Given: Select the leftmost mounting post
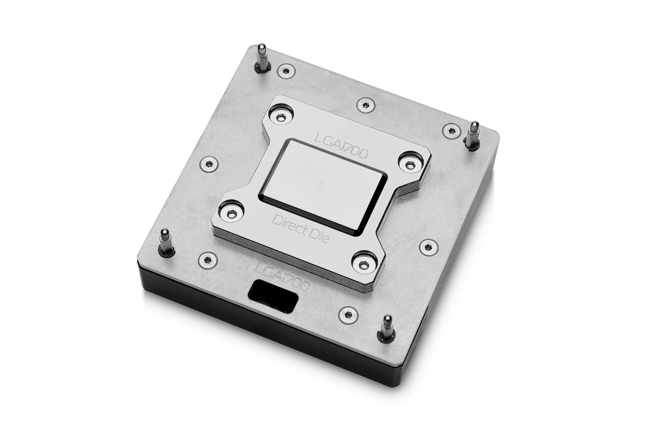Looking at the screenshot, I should click(165, 242).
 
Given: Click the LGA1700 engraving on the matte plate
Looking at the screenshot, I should click(283, 275).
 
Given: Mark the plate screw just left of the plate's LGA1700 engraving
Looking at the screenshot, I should click(208, 259).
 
